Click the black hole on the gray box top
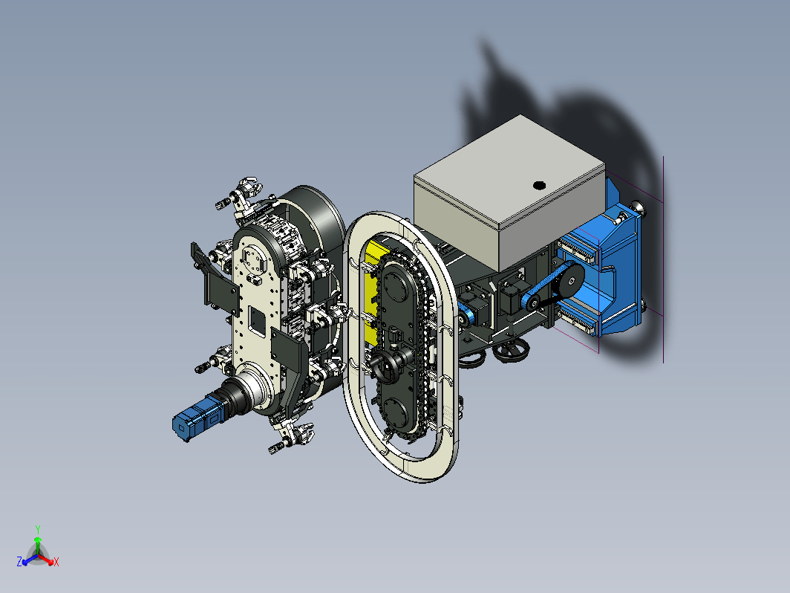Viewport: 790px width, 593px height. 539,186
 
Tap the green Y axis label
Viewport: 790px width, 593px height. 38,529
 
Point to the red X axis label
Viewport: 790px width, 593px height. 56,562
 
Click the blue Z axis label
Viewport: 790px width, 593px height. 19,562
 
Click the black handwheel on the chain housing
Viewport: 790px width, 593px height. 382,366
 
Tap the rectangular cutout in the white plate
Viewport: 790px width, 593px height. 258,321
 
